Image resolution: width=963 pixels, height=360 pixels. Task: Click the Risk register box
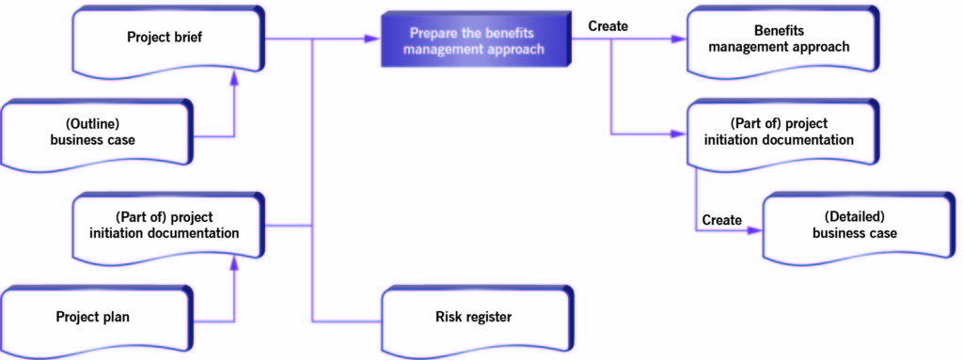coord(475,317)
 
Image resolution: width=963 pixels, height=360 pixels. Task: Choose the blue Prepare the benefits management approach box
coord(475,39)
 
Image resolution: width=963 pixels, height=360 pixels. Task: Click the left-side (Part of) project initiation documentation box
coord(166,226)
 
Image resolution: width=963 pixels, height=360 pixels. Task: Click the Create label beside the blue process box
coord(608,25)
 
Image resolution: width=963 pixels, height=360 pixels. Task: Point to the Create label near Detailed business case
coord(721,220)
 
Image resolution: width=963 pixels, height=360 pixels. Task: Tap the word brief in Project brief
coord(187,39)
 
